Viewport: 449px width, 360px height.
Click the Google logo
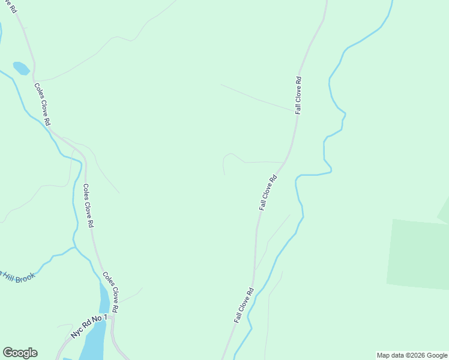click(x=20, y=353)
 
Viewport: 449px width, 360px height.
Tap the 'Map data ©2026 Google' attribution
click(x=412, y=355)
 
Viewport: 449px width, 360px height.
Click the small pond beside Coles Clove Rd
click(x=21, y=68)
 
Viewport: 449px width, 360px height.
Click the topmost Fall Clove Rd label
click(x=298, y=95)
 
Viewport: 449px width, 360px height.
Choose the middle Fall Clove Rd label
click(x=268, y=192)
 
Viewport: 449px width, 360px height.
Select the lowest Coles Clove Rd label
click(x=110, y=292)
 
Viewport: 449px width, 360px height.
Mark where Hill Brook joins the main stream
click(x=73, y=247)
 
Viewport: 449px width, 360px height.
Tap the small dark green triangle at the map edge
click(x=444, y=212)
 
